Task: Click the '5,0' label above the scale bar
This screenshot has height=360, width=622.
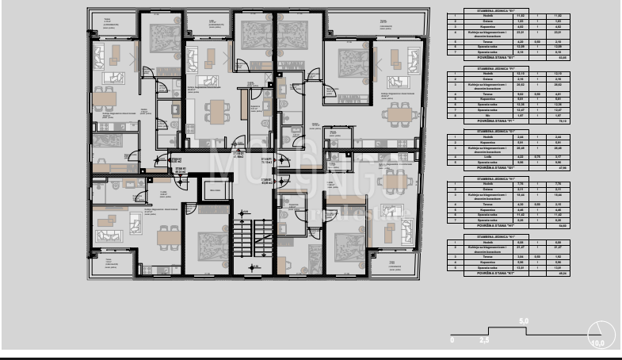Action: pyautogui.click(x=523, y=321)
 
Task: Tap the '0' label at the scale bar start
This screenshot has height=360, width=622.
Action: pyautogui.click(x=452, y=339)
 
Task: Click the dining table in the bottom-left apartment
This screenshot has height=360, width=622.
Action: pyautogui.click(x=168, y=236)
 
